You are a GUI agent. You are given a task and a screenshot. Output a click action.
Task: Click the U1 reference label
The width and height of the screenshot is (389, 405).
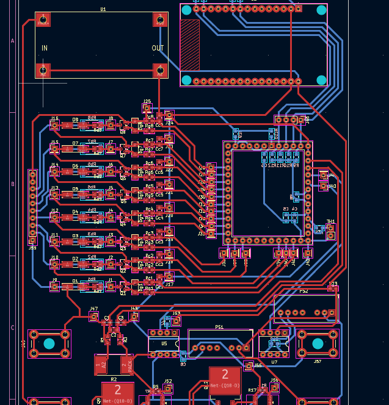[103, 9]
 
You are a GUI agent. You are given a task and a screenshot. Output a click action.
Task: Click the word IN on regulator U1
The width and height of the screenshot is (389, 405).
[45, 48]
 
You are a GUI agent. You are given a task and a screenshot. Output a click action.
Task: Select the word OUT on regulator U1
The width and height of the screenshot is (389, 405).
[158, 48]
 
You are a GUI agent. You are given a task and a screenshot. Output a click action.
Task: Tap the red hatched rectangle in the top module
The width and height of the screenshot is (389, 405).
[190, 45]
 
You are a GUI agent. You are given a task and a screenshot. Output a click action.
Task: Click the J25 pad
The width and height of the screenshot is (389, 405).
[147, 109]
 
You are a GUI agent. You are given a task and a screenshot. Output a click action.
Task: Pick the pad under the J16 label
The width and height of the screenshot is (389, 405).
[54, 125]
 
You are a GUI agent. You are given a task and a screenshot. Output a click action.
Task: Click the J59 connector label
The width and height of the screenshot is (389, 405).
[32, 247]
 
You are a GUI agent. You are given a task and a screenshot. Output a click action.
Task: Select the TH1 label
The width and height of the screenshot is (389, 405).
[330, 221]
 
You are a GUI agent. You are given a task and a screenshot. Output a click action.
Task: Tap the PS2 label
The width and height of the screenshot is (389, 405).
[304, 292]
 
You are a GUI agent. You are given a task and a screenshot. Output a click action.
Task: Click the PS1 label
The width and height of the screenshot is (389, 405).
[219, 327]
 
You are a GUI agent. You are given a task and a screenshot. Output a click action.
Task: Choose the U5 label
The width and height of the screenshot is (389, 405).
[164, 343]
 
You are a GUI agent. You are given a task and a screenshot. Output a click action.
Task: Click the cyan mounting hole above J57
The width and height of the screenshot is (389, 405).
[318, 343]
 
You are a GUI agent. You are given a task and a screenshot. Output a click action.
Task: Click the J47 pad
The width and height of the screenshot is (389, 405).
[94, 317]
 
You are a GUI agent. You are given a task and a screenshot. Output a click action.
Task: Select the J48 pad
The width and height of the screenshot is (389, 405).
[134, 317]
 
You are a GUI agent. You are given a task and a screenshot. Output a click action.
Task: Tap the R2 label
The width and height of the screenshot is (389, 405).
[114, 379]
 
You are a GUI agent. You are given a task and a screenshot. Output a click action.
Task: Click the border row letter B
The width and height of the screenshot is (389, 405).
[12, 184]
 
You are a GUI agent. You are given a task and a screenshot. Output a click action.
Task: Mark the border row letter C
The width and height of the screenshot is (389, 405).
[12, 328]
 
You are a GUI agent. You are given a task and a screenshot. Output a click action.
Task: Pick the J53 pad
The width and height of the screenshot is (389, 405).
[176, 321]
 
